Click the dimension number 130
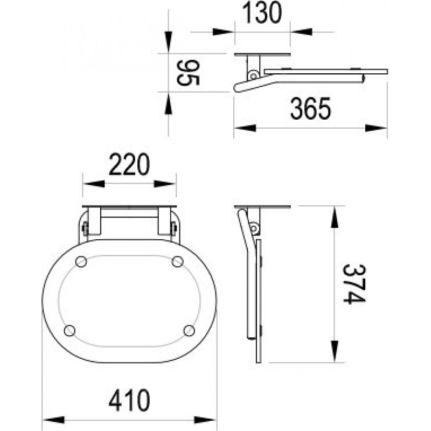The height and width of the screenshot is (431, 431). click(262, 12)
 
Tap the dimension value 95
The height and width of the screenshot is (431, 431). click(187, 73)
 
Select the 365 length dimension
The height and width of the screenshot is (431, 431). click(311, 108)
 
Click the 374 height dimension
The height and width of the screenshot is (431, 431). click(354, 284)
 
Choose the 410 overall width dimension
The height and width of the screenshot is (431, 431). click(129, 400)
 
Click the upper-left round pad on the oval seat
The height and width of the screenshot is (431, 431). click(81, 261)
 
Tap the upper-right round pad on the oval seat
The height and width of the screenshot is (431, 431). click(178, 261)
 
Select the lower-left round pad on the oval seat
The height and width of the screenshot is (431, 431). click(69, 330)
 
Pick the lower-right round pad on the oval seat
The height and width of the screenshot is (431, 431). click(189, 330)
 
